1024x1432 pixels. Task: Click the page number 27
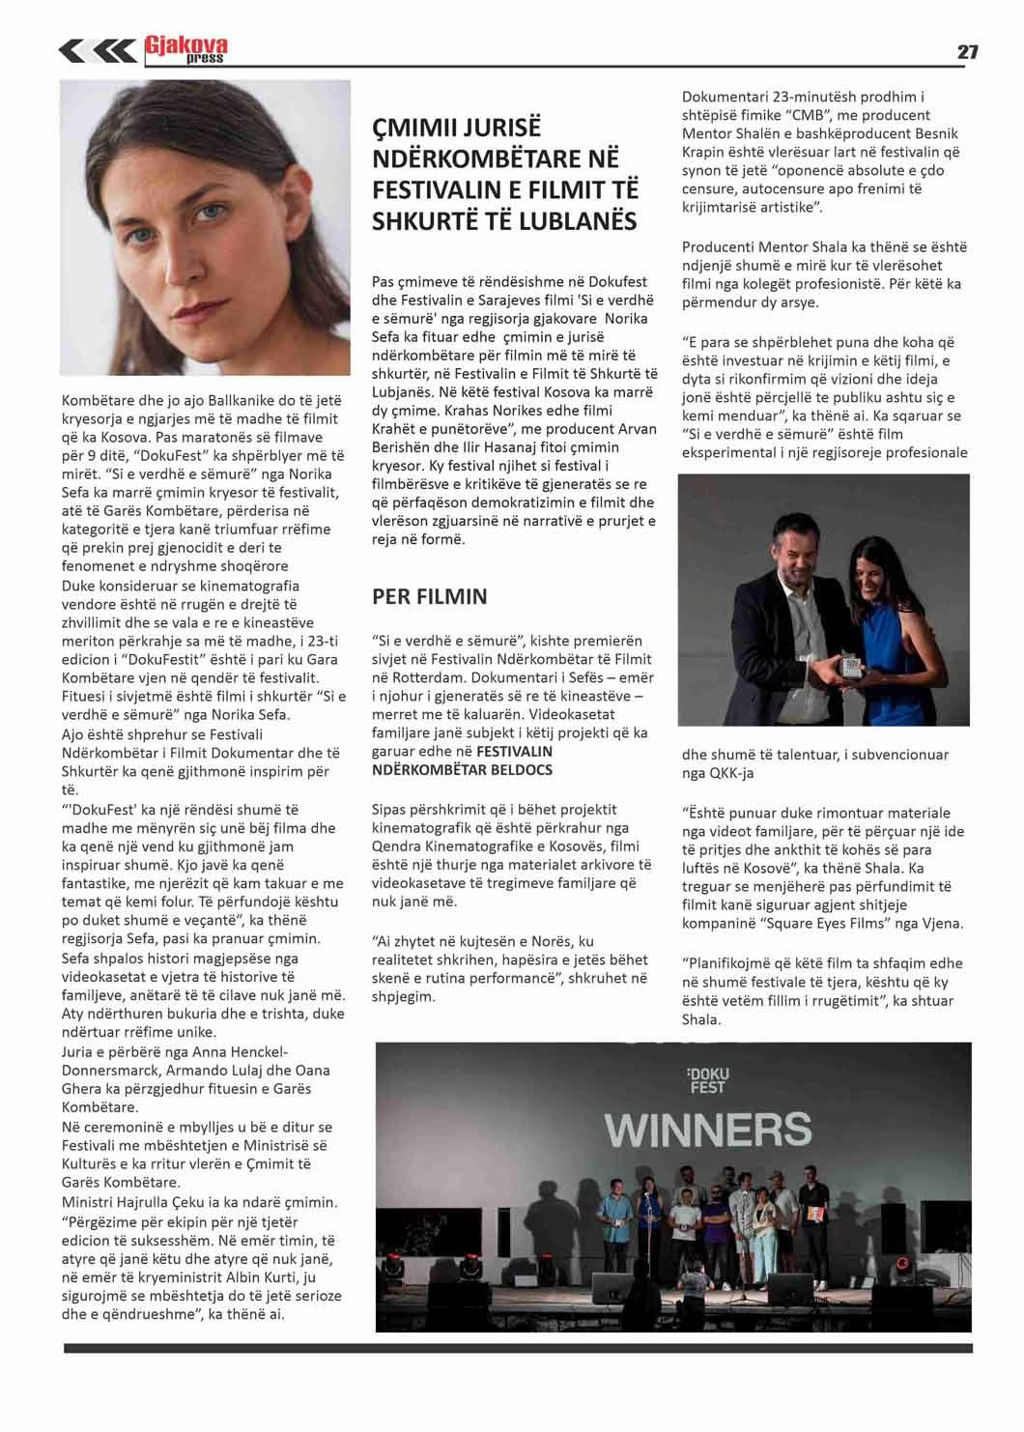point(967,52)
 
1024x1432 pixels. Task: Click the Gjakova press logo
point(186,48)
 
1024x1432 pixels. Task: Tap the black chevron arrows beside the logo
point(97,50)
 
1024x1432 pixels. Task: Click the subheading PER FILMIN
point(429,596)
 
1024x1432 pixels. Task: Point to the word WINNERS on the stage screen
point(707,1129)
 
